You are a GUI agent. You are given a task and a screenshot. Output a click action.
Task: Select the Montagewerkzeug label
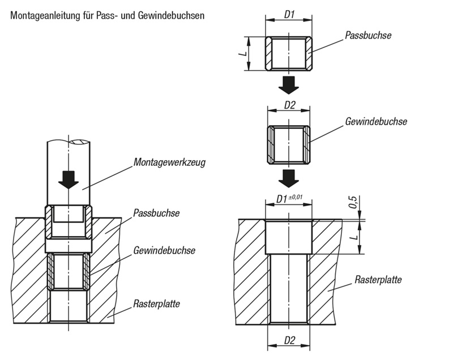pyautogui.click(x=169, y=162)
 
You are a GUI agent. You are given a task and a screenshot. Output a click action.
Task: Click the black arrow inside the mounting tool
pyautogui.click(x=69, y=179)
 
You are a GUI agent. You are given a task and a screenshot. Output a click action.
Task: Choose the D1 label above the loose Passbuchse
pyautogui.click(x=289, y=14)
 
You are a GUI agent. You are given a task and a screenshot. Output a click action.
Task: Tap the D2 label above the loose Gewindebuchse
pyautogui.click(x=289, y=105)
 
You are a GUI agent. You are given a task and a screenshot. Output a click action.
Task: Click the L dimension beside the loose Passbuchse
pyautogui.click(x=242, y=54)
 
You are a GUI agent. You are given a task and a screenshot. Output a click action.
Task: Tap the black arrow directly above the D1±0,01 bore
pyautogui.click(x=289, y=177)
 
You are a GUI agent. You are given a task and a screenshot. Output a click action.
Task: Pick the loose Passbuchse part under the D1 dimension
pyautogui.click(x=289, y=54)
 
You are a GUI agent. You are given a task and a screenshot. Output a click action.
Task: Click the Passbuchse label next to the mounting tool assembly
pyautogui.click(x=156, y=213)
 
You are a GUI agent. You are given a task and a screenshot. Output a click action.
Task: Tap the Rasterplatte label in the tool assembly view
pyautogui.click(x=157, y=303)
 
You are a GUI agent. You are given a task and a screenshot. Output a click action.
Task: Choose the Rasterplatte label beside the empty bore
pyautogui.click(x=378, y=280)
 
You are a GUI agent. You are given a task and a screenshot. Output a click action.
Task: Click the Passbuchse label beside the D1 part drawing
pyautogui.click(x=369, y=35)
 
